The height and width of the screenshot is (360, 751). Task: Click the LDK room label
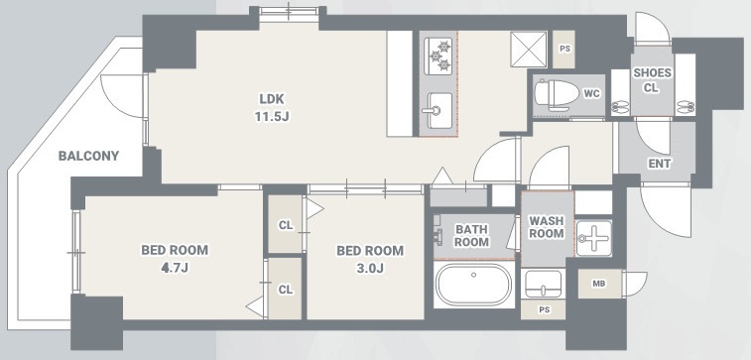(x=272, y=99)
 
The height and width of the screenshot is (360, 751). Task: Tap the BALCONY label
(x=88, y=156)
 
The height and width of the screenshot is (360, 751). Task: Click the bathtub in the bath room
(x=473, y=285)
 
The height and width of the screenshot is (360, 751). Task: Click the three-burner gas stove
(x=438, y=56)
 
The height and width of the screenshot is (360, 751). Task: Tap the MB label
(x=598, y=284)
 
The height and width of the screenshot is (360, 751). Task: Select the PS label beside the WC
(x=564, y=50)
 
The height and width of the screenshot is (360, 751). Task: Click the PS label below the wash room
(x=544, y=309)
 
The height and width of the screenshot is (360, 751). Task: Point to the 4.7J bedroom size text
(x=175, y=268)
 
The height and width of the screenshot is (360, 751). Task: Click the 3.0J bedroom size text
(x=370, y=268)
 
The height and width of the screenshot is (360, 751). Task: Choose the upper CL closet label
(x=286, y=225)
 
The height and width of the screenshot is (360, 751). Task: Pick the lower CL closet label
(x=286, y=290)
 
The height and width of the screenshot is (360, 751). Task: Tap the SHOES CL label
(x=652, y=80)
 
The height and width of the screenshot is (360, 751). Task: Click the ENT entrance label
(x=660, y=164)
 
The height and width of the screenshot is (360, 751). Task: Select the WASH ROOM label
(x=546, y=227)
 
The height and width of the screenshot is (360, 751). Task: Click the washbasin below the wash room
(x=544, y=284)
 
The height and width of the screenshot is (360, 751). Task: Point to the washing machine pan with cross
(x=594, y=238)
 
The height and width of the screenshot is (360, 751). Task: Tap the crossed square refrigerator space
(x=529, y=50)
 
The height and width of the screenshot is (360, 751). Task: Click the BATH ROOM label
(x=471, y=235)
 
